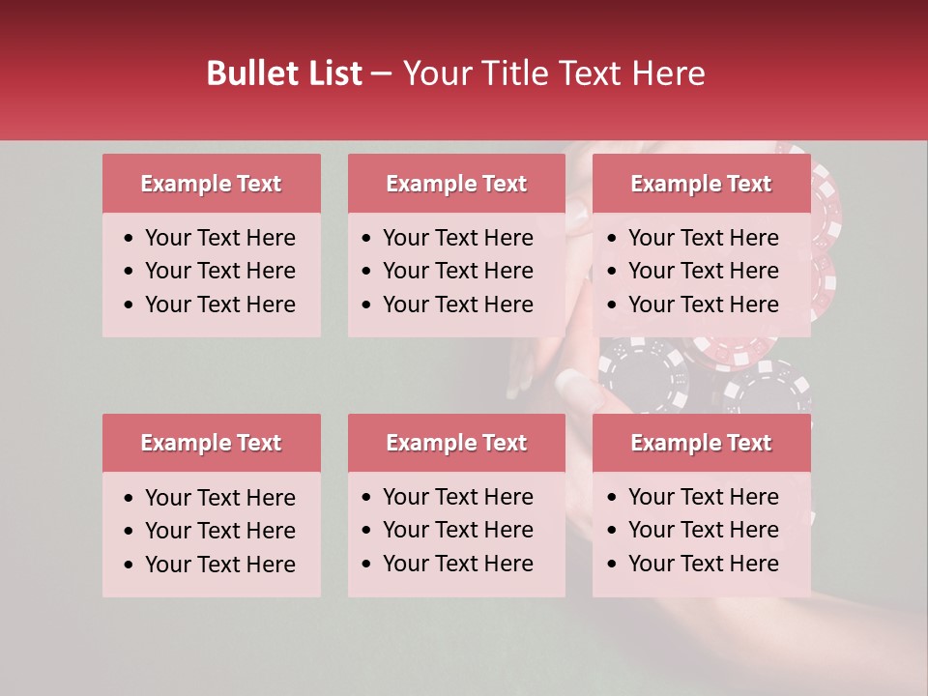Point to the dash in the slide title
382,74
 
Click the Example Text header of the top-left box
211,184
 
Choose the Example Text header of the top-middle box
456,184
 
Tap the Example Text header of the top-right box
701,184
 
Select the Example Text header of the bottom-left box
211,443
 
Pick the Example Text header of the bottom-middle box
456,443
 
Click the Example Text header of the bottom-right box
701,443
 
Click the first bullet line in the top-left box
220,238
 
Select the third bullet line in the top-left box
220,304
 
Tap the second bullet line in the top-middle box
458,271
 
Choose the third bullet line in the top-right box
704,304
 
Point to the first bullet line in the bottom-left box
220,498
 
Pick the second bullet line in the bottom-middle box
458,530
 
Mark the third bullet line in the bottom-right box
704,564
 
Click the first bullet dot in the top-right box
612,239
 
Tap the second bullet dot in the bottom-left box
130,532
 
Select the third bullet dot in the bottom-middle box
366,565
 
